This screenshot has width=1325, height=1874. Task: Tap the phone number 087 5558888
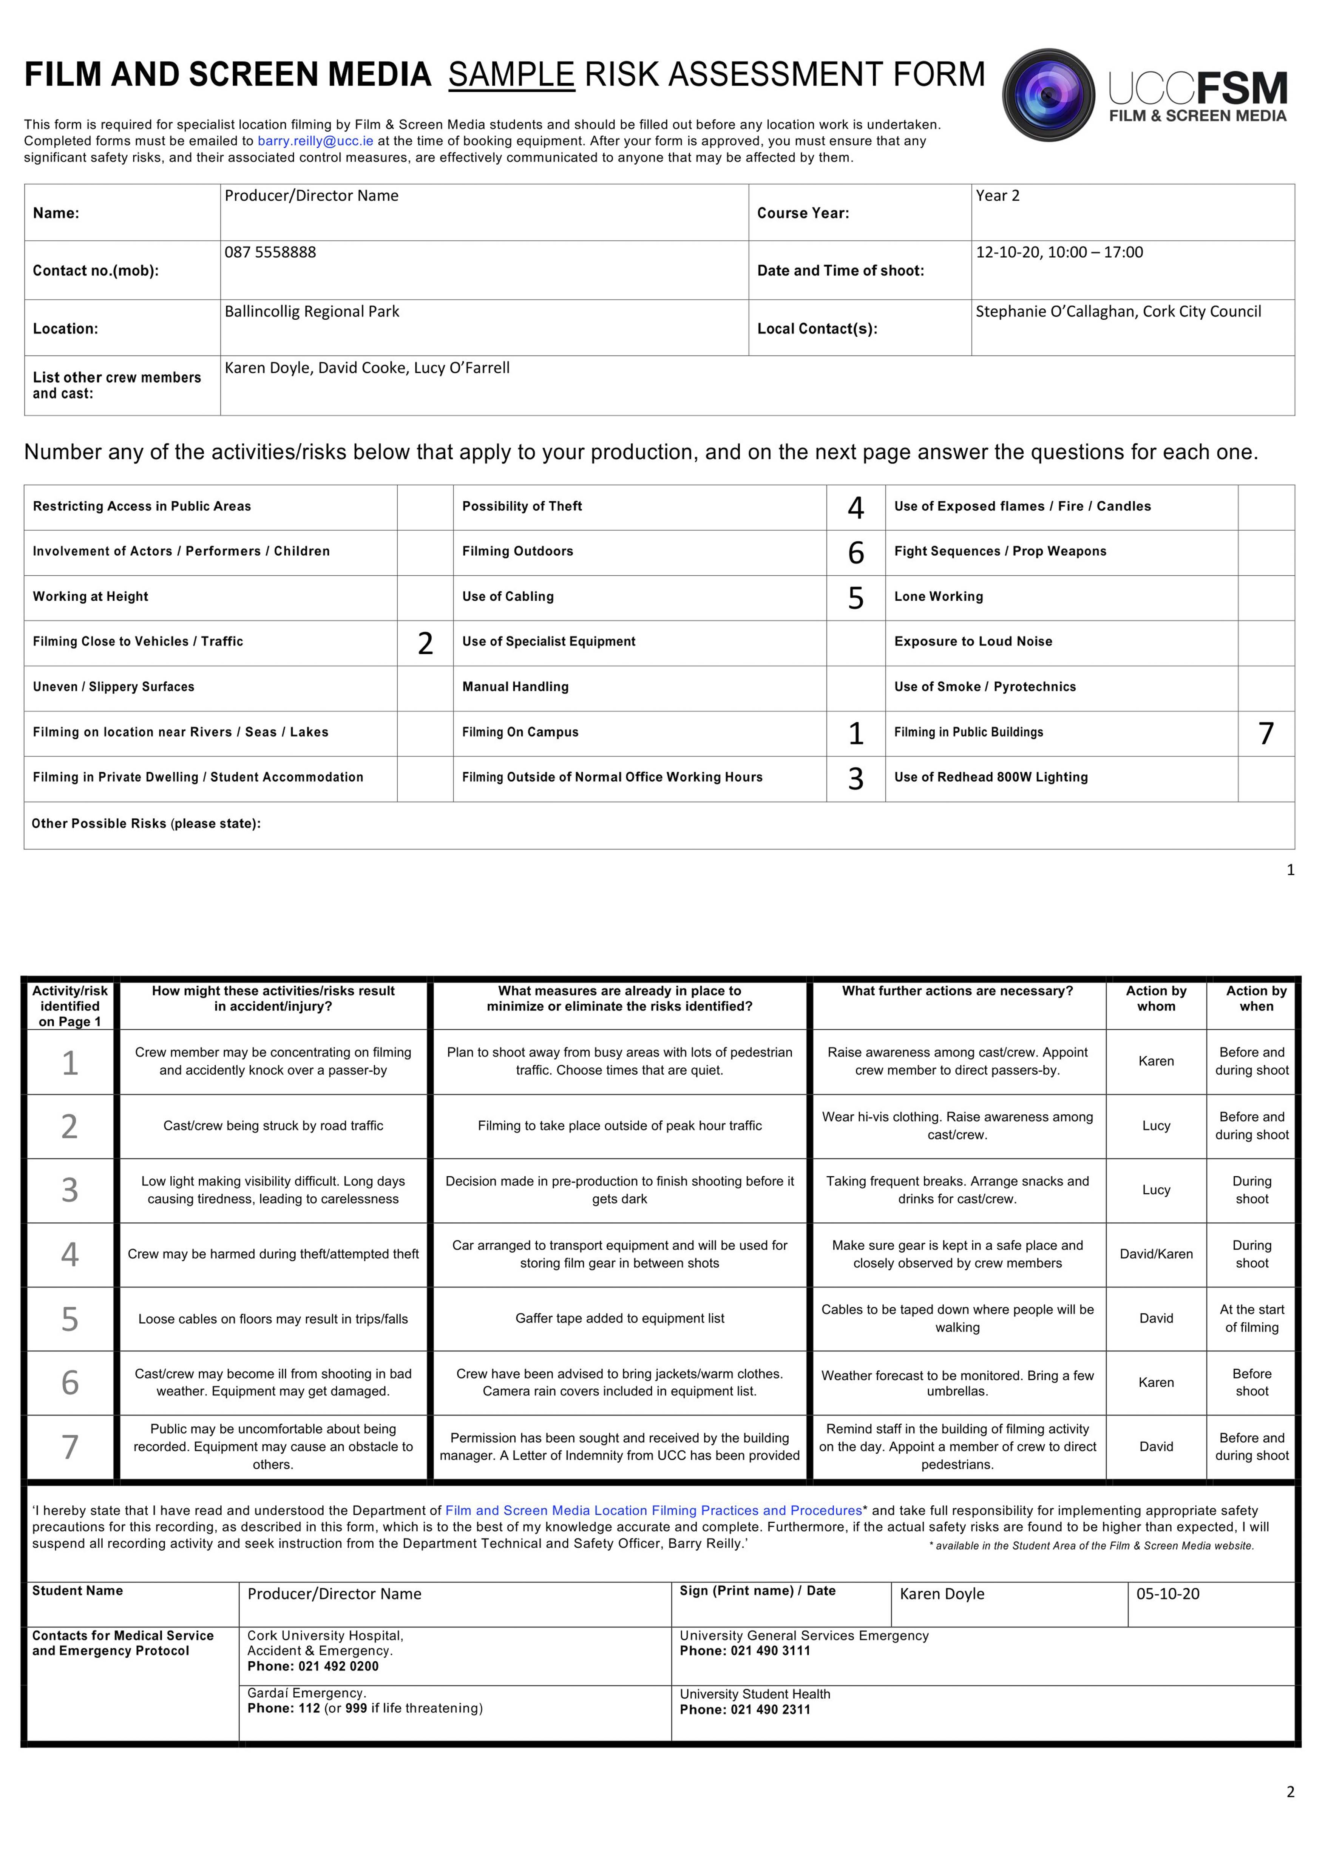(270, 252)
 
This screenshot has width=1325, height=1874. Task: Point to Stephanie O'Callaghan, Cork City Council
(1118, 312)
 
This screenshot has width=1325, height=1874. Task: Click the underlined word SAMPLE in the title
(511, 75)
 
